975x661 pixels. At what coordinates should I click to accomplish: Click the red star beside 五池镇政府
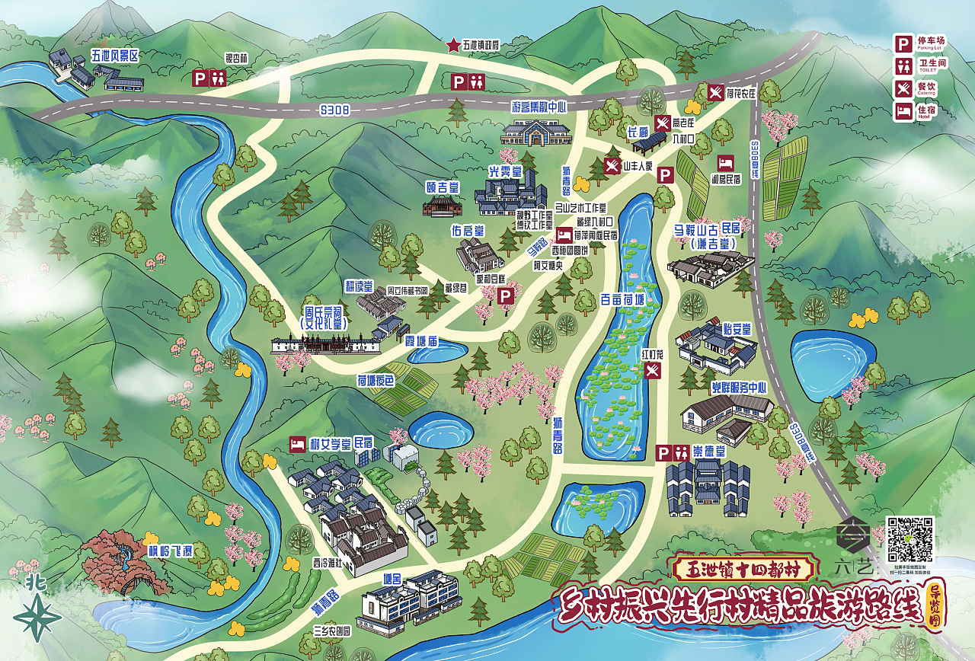pos(454,46)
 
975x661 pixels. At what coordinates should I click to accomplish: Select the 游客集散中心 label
pos(539,107)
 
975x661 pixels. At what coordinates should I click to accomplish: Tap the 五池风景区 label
pos(115,56)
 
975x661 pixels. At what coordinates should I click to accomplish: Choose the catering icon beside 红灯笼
pos(654,371)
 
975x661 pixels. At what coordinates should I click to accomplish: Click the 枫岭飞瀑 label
pos(171,550)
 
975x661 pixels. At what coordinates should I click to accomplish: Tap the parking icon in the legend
pos(903,43)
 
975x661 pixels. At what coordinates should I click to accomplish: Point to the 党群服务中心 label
pos(738,387)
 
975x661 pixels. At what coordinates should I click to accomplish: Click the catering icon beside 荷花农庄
pos(715,93)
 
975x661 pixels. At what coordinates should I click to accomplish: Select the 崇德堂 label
pos(710,452)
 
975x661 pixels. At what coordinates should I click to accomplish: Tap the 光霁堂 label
pos(504,172)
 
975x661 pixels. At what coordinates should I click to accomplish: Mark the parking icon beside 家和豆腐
pos(504,297)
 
